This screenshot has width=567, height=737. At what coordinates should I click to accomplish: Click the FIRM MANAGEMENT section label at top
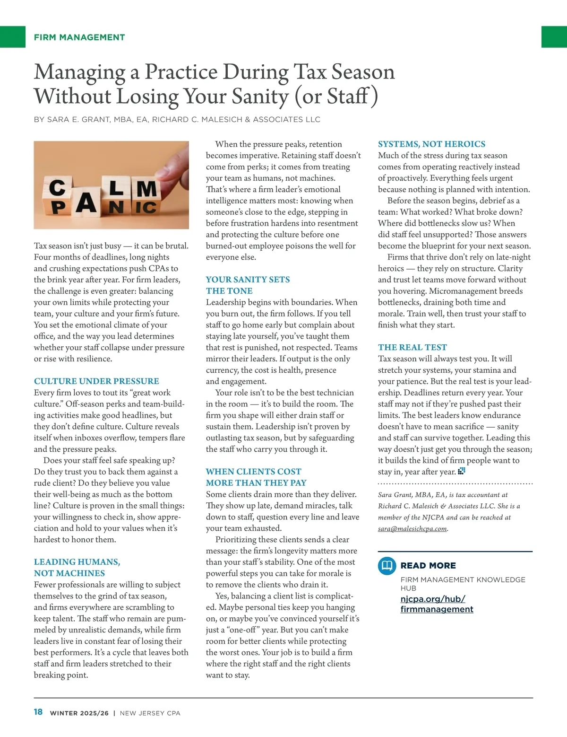tap(79, 37)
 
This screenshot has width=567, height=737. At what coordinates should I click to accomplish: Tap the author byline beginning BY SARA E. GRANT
tap(177, 120)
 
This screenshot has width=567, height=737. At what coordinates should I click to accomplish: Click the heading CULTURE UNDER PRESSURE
tap(96, 381)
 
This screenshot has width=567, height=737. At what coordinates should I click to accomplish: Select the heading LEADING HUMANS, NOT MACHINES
tap(77, 567)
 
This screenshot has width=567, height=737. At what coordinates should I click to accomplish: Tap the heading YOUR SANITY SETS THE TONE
tap(248, 285)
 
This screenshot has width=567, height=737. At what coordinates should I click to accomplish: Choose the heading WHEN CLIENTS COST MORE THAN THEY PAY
tap(256, 477)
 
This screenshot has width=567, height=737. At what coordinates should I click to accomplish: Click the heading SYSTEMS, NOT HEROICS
tap(431, 144)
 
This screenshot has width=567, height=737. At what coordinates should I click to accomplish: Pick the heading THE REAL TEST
tap(412, 347)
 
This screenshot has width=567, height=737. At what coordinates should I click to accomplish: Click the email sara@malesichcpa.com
tap(412, 529)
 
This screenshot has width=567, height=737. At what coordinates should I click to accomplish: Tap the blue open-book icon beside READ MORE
tap(387, 566)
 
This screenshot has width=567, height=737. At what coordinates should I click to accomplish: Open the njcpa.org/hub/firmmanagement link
tap(436, 604)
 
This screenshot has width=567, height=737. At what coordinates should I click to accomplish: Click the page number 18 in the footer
tap(38, 712)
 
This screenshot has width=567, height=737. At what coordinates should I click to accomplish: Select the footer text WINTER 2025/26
tap(79, 713)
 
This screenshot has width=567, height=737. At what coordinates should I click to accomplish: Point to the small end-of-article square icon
tap(462, 471)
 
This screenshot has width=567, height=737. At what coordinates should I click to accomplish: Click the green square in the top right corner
tap(554, 37)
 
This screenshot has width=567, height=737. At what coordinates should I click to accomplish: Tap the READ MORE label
tap(428, 566)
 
